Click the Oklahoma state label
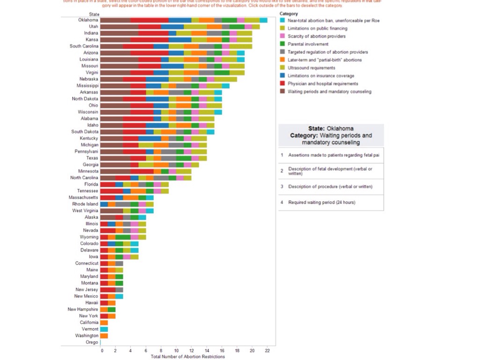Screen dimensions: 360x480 [88, 20]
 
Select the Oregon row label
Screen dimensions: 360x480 [92, 342]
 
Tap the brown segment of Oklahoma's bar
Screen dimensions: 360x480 [115, 20]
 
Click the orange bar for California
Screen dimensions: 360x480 [104, 322]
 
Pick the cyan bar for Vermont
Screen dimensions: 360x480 [104, 329]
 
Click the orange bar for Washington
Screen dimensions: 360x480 [104, 336]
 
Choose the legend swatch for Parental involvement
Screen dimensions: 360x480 [282, 44]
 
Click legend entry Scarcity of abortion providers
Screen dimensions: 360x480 [316, 36]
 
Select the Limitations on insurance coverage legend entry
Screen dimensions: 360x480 [321, 75]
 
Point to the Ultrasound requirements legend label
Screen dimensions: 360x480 [311, 68]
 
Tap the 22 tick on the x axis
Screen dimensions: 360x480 [267, 351]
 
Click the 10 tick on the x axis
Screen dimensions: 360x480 [176, 351]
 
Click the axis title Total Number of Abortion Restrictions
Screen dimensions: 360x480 [188, 357]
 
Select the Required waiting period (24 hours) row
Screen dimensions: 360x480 [330, 202]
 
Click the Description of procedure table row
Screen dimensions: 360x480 [330, 187]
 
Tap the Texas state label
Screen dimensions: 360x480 [92, 158]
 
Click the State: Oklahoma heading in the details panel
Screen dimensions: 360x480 [331, 128]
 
